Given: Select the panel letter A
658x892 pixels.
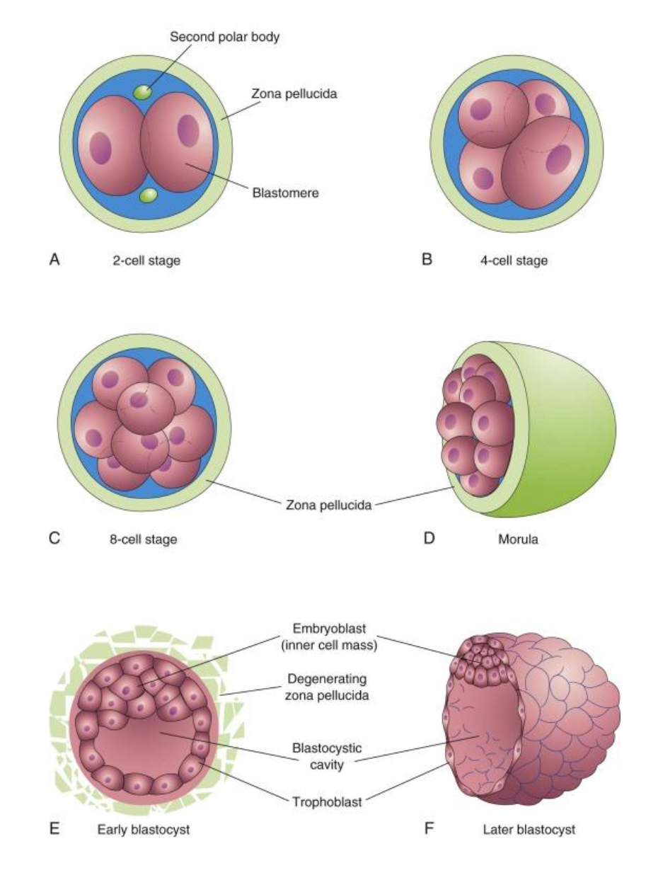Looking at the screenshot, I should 54,260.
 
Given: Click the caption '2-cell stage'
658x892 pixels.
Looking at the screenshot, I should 146,261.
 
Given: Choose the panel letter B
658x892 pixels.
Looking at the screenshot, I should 427,260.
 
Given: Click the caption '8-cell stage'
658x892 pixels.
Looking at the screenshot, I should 145,539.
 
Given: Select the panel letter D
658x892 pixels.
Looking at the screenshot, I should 427,539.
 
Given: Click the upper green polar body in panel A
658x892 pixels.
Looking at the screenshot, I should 144,93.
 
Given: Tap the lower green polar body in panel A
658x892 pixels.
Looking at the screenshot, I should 149,195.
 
